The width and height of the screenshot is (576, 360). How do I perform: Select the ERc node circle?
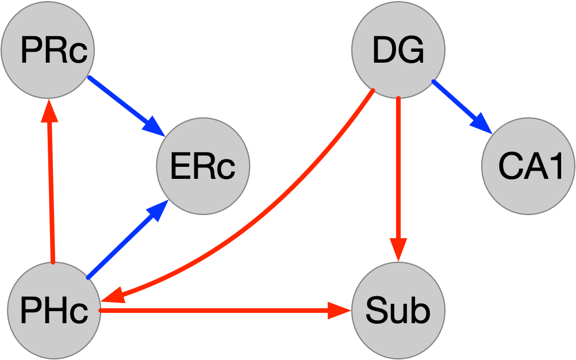(x=203, y=166)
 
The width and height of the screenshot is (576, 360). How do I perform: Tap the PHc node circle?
(x=53, y=311)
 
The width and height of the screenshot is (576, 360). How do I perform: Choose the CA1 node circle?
(x=528, y=166)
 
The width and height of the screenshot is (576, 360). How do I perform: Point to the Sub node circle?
(x=398, y=311)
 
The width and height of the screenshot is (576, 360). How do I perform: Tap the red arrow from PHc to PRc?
(x=51, y=184)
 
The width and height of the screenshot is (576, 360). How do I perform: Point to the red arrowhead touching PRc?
(x=50, y=111)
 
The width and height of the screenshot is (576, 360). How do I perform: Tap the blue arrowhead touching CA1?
(x=482, y=125)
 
